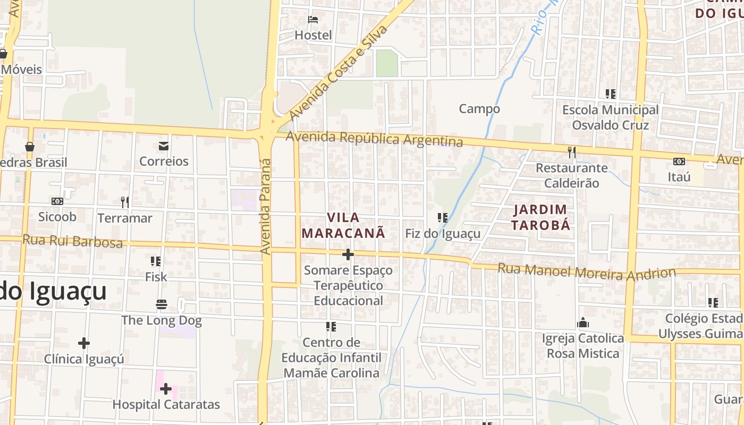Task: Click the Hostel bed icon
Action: (x=313, y=20)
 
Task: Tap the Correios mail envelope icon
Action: (x=163, y=146)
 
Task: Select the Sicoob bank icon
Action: (x=57, y=201)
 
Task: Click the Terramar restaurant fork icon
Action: (x=125, y=202)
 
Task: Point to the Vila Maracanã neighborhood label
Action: (x=343, y=225)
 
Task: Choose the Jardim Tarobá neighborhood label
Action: (x=540, y=217)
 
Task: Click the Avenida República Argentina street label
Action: (x=374, y=139)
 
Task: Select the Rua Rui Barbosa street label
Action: (x=72, y=241)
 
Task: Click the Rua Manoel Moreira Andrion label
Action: (x=586, y=272)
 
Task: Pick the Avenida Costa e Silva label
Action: (x=339, y=72)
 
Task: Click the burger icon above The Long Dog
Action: (x=162, y=304)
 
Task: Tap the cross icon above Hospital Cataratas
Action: (x=166, y=389)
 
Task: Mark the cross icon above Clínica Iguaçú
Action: (x=83, y=343)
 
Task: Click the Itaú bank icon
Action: (x=679, y=161)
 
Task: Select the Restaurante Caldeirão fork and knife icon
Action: (x=571, y=152)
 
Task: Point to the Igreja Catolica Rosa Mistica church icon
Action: (x=583, y=322)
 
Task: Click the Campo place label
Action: (x=479, y=109)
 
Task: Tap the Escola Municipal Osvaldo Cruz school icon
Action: (x=611, y=94)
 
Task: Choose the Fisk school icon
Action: (x=156, y=261)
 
